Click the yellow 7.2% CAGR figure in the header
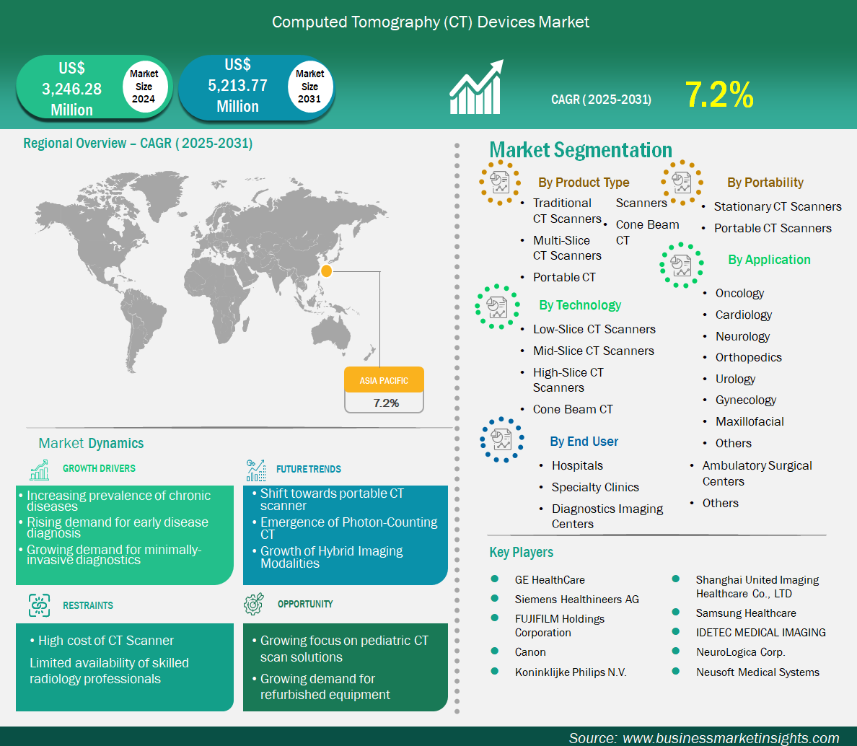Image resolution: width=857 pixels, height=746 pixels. pos(719,95)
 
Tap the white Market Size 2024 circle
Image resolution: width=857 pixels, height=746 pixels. pos(144,87)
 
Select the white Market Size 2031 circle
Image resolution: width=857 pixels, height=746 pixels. pos(309,87)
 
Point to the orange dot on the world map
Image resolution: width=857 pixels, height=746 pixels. pos(326,271)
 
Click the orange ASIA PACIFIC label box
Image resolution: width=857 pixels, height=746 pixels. pos(384,379)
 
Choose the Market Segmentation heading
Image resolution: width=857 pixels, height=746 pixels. pos(581,150)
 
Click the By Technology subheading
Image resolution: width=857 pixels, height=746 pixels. pos(580,305)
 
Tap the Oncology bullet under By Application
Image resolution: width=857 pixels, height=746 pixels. pos(739,294)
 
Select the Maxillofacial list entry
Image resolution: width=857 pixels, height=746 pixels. pos(750,421)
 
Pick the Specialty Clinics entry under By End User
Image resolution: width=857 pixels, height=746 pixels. pos(595,487)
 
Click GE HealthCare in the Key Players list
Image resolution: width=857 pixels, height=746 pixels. pos(550,580)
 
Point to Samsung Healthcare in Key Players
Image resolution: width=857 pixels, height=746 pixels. pos(746,613)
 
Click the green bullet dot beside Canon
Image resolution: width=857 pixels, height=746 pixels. pos(495,651)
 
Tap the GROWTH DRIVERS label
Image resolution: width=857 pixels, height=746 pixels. pos(99,468)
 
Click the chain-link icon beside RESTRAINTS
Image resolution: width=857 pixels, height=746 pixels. pos(40,605)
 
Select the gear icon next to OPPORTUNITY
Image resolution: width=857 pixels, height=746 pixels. pos(254,603)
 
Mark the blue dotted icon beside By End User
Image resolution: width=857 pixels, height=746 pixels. pos(502,439)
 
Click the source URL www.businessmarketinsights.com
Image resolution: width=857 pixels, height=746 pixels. pos(731,738)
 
